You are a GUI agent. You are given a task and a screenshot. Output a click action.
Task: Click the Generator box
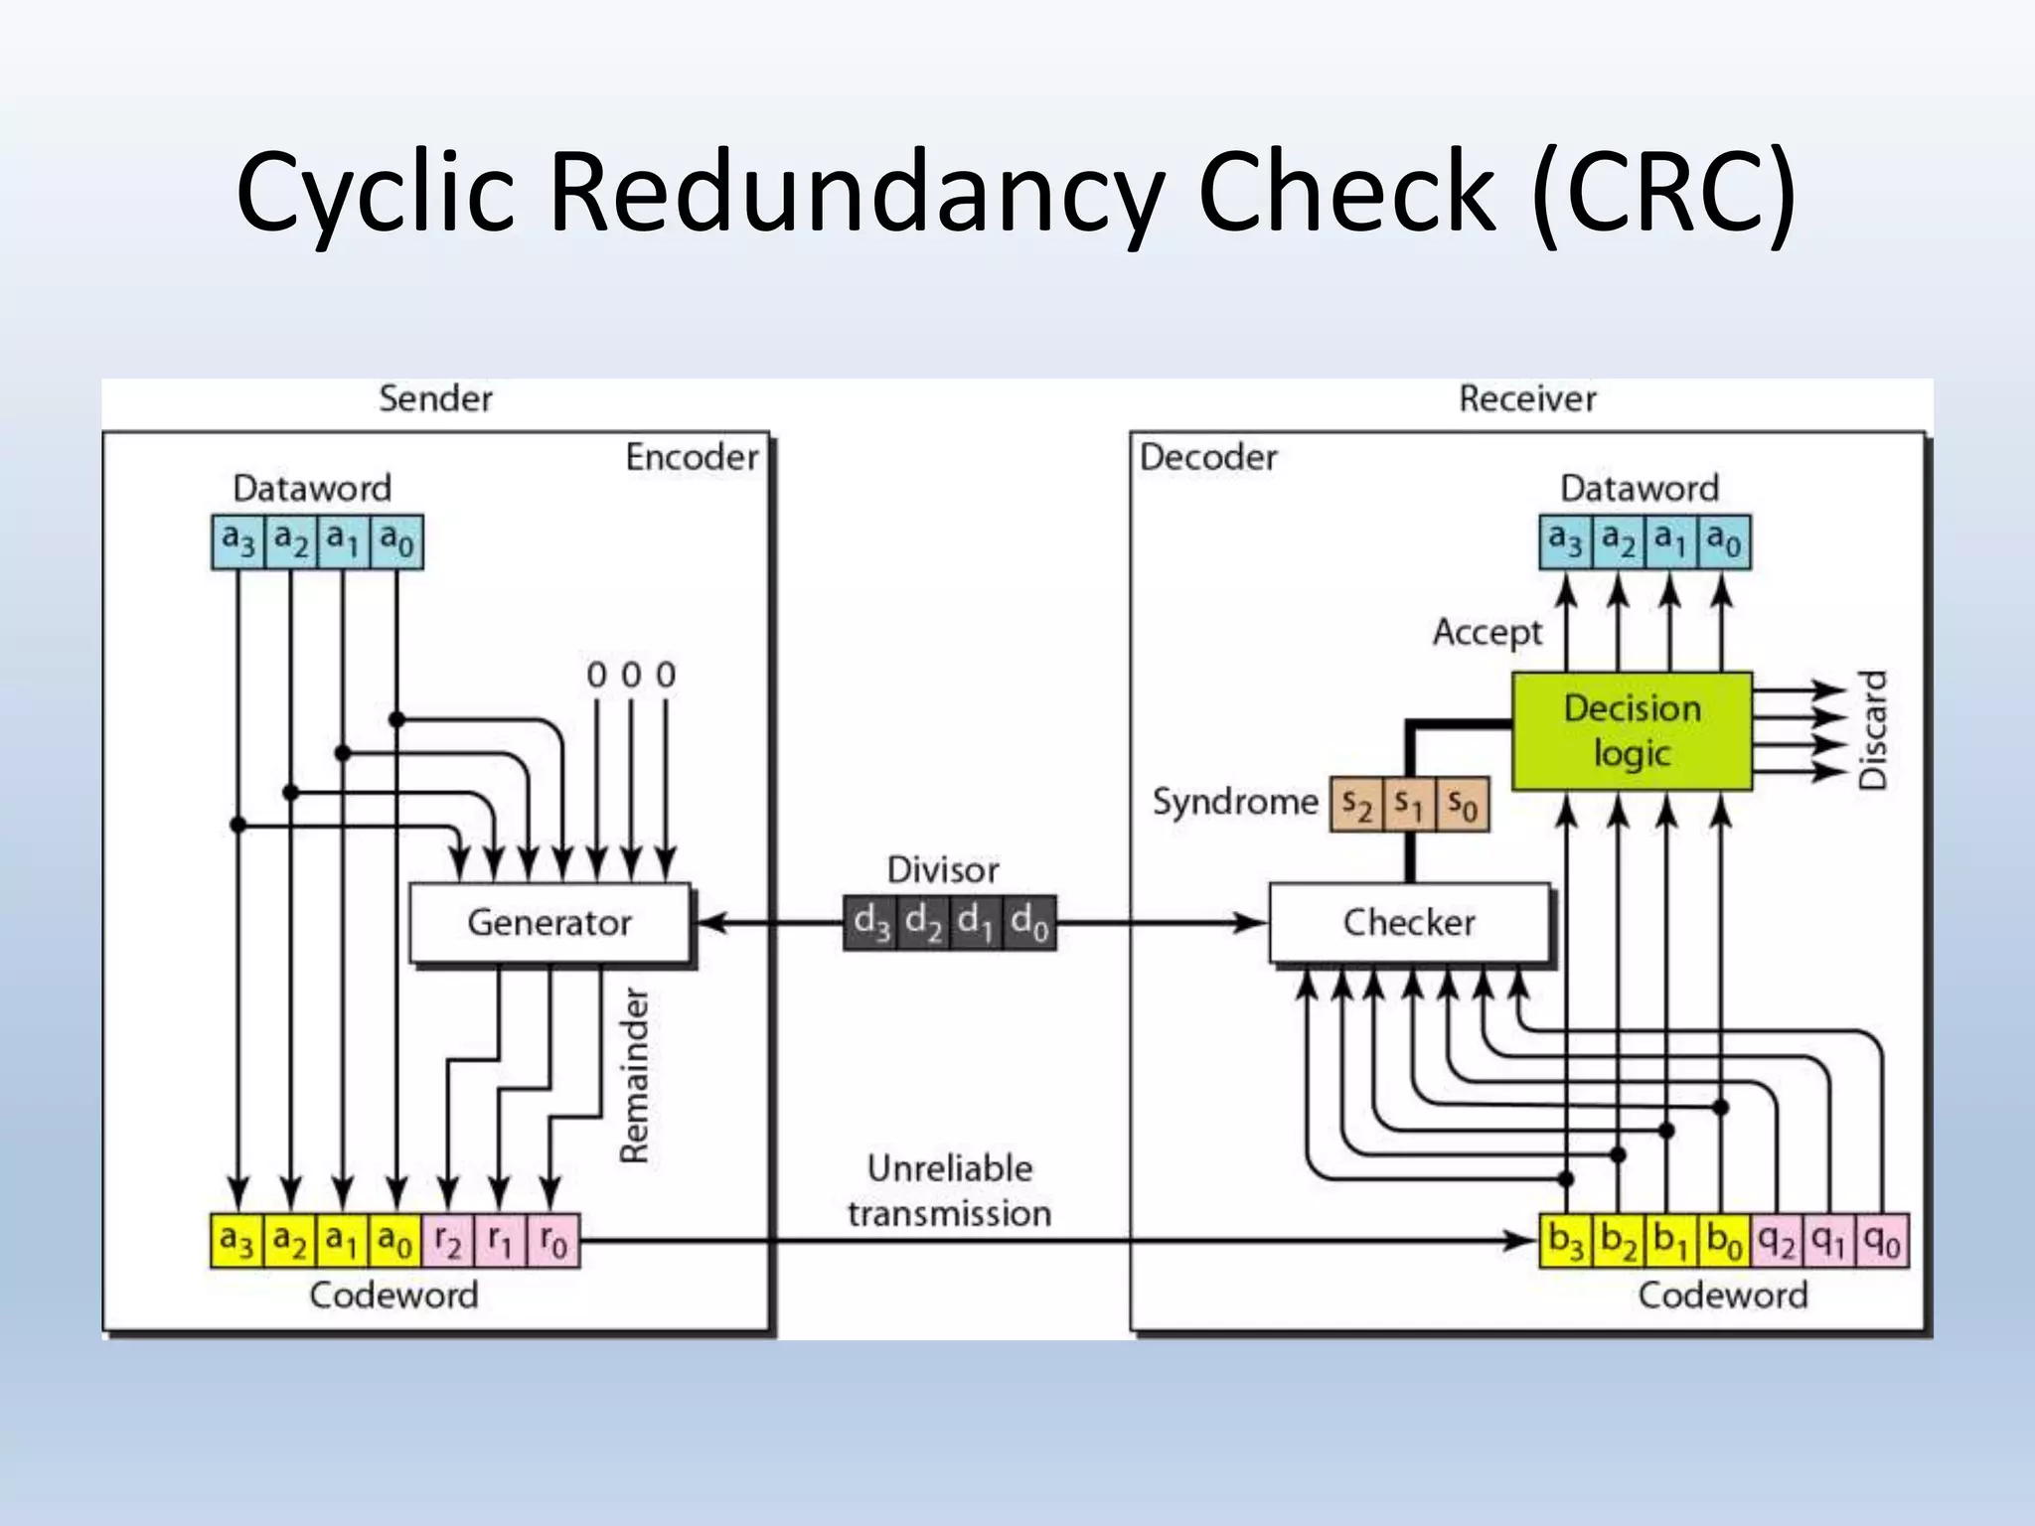point(549,923)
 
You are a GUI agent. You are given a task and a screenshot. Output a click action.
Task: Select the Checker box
point(1410,923)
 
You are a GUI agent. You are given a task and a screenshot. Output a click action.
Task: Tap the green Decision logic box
point(1632,731)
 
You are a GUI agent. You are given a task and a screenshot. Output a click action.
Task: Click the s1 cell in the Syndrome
point(1409,804)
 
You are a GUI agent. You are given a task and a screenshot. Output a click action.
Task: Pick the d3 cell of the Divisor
point(870,923)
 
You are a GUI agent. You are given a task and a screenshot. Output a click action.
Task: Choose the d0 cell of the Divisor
point(1029,923)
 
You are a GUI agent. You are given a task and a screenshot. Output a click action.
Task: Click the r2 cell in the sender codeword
point(448,1241)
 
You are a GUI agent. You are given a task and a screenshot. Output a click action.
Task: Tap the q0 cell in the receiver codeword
point(1882,1241)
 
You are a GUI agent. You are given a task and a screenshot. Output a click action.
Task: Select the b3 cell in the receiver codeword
point(1566,1241)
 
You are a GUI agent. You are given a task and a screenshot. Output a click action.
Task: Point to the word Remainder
point(634,1075)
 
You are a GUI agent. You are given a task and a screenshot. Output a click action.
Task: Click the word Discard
point(1872,730)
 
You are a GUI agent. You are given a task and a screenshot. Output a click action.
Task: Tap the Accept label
point(1487,633)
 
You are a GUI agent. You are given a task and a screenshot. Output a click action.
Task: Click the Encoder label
point(692,457)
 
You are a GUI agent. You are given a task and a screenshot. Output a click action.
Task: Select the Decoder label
point(1208,457)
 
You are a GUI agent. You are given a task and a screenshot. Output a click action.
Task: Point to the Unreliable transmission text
point(950,1191)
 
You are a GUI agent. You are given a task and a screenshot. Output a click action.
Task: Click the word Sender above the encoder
point(435,399)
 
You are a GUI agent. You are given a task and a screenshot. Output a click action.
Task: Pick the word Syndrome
point(1235,802)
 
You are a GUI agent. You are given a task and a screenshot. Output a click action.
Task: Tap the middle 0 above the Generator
point(631,676)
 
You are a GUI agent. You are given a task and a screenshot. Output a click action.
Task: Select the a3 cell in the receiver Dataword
point(1566,541)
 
